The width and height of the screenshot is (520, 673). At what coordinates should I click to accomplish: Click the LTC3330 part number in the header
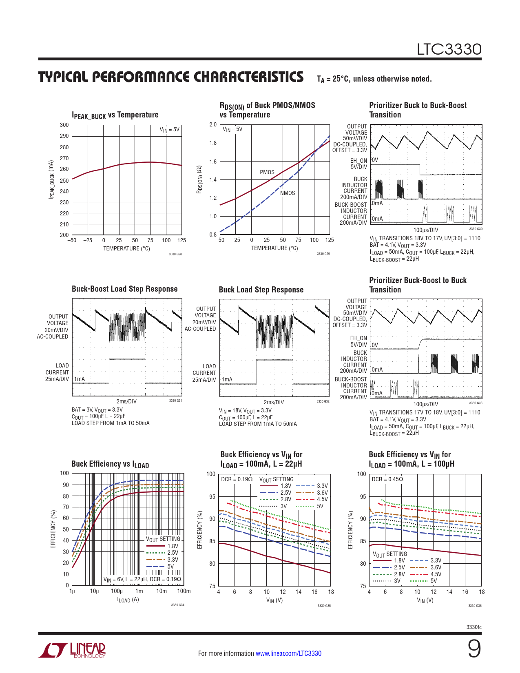click(x=449, y=49)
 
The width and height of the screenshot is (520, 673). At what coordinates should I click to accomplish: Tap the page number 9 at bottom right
click(x=474, y=649)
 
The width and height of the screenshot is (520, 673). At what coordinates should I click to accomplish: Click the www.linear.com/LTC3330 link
click(x=288, y=653)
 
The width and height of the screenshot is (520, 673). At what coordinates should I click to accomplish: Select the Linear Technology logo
click(x=72, y=650)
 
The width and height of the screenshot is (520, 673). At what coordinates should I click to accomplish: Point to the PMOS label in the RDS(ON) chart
click(x=267, y=172)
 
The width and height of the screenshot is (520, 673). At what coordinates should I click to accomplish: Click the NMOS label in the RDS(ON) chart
click(x=288, y=193)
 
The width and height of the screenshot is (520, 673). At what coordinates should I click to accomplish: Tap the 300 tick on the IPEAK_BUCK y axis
click(x=64, y=125)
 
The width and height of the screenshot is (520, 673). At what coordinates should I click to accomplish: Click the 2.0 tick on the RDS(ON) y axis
click(x=213, y=125)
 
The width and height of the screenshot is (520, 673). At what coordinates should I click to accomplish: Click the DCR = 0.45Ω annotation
click(x=387, y=479)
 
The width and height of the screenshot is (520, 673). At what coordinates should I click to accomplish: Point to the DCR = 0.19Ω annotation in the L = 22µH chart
click(x=237, y=479)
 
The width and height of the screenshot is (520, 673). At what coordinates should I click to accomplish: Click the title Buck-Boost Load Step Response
click(x=124, y=289)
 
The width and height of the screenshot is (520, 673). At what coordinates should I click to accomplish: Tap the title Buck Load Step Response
click(x=261, y=290)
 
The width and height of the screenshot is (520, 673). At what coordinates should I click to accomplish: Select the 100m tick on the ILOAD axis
click(x=184, y=591)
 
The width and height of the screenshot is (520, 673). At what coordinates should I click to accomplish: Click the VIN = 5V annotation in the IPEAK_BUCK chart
click(x=169, y=130)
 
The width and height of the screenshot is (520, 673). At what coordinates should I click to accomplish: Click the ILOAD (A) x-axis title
click(x=128, y=600)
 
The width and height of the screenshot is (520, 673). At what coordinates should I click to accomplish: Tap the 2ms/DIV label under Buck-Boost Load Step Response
click(x=126, y=401)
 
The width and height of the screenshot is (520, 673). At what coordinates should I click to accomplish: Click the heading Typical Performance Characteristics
click(x=171, y=77)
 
